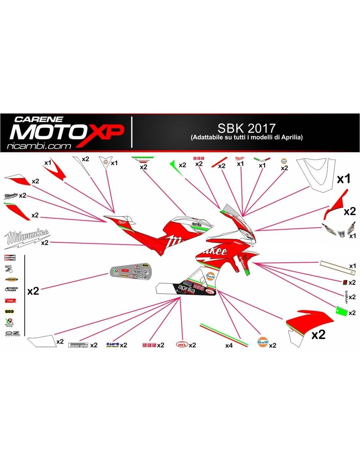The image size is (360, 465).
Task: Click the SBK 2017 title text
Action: [x=246, y=128]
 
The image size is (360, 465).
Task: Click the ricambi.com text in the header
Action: [x=39, y=146]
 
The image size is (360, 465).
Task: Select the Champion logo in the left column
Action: [x=10, y=258]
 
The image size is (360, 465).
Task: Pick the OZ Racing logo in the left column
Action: [x=12, y=334]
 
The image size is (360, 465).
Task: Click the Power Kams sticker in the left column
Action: [x=11, y=289]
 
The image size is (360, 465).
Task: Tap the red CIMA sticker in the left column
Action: [x=10, y=301]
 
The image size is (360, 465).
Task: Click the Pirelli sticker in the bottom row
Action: [x=78, y=345]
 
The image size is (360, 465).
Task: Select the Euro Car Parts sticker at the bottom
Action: [x=113, y=345]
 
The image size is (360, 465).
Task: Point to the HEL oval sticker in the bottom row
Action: [x=182, y=345]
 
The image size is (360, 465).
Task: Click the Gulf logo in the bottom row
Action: [x=263, y=342]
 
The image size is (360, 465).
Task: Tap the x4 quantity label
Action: [x=229, y=345]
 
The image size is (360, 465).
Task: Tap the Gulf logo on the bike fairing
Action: [x=210, y=277]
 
